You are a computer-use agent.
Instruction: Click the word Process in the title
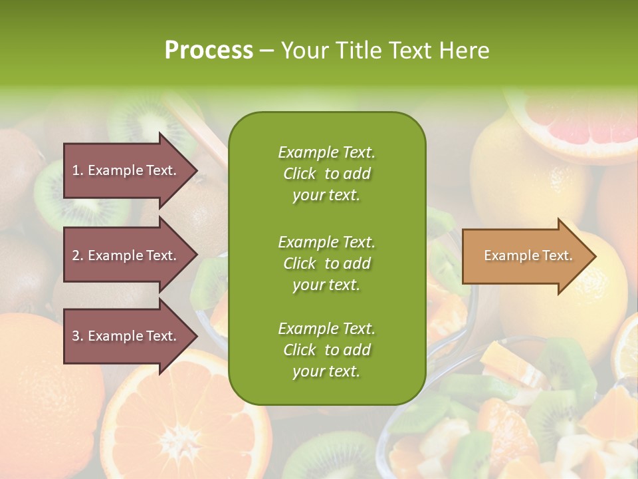[x=209, y=51]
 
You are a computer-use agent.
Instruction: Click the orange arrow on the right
[x=525, y=256]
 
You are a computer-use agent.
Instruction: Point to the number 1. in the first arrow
[x=78, y=170]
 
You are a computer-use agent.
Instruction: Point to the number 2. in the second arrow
[x=78, y=255]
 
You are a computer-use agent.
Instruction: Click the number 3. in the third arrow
[x=78, y=336]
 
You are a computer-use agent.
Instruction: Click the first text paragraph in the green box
[x=326, y=174]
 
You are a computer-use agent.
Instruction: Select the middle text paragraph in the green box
[x=326, y=263]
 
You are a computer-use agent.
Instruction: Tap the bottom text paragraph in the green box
[x=326, y=350]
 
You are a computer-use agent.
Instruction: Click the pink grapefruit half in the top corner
[x=578, y=123]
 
